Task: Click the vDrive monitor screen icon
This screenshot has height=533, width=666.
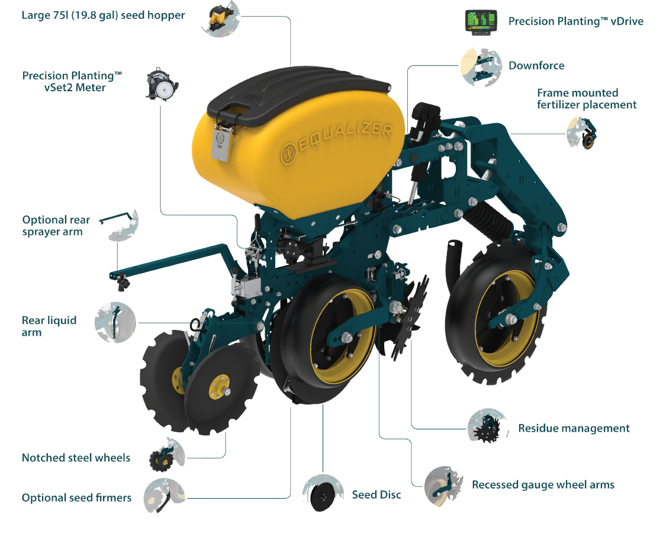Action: pyautogui.click(x=481, y=23)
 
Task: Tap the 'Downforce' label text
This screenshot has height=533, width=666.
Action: pyautogui.click(x=536, y=66)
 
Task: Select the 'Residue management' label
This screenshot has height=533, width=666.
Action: pyautogui.click(x=574, y=428)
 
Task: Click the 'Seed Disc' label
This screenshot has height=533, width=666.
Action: pyautogui.click(x=377, y=495)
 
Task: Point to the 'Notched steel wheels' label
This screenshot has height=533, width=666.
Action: pyautogui.click(x=76, y=458)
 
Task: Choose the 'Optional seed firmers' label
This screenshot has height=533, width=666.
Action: pyautogui.click(x=76, y=497)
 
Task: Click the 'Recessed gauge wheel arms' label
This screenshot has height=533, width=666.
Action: pyautogui.click(x=543, y=485)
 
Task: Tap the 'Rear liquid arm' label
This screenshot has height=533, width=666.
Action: pyautogui.click(x=49, y=326)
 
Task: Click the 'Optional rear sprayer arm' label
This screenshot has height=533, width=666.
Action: pyautogui.click(x=56, y=226)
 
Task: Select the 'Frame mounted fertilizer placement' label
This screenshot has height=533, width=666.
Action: pyautogui.click(x=587, y=99)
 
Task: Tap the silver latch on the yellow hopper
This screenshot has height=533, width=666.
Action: pyautogui.click(x=222, y=142)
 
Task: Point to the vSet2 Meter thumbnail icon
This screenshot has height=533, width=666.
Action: pyautogui.click(x=162, y=84)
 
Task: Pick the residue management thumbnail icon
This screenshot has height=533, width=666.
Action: pyautogui.click(x=488, y=426)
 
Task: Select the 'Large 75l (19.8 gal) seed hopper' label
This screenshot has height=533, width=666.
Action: pyautogui.click(x=103, y=15)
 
